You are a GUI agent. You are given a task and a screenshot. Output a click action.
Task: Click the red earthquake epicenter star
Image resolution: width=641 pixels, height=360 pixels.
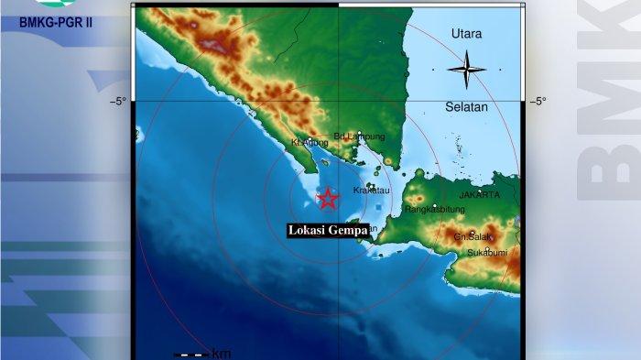327,198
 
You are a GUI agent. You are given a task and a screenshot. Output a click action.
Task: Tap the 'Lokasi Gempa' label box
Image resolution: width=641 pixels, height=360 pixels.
329,231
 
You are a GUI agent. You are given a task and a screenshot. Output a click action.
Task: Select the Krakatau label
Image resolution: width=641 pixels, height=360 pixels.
373,191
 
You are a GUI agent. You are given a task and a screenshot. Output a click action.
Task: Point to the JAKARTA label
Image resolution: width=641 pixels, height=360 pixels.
479,195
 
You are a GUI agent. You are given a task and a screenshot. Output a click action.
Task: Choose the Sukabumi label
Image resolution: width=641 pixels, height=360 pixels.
487,252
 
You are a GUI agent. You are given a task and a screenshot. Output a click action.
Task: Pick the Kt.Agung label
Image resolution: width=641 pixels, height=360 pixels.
310,143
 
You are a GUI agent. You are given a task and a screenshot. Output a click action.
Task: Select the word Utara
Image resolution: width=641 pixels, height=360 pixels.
467,34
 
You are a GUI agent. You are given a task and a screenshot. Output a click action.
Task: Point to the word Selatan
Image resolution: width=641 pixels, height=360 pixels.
467,107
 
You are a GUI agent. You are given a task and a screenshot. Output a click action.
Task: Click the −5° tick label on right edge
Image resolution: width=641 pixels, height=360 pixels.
540,102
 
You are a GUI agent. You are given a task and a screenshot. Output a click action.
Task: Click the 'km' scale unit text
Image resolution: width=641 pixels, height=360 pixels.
221,354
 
